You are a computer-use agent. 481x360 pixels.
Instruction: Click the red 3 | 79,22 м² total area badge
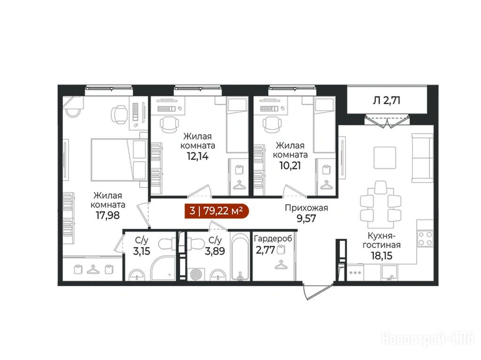coord(216,211)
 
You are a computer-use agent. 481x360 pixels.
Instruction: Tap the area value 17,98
coord(108,215)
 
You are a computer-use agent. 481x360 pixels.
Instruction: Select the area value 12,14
coord(198,156)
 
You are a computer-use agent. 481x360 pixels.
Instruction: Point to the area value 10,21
coord(290,166)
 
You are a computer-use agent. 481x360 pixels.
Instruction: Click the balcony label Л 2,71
coord(387,100)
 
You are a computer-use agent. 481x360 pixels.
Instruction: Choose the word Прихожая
coord(306,208)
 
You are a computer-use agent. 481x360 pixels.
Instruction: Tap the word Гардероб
coord(273,238)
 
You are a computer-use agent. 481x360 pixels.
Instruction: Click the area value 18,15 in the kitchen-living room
coord(381,255)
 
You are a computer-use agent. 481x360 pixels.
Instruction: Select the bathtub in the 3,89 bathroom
coord(240,257)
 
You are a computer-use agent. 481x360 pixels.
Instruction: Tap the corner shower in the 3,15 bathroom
coord(163,269)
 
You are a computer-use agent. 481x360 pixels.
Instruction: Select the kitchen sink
coord(389,273)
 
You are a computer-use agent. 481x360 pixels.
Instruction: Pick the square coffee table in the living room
coord(385,157)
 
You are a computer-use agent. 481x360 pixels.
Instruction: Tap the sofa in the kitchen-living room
coord(422,157)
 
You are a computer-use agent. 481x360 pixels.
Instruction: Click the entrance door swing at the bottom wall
coord(318,291)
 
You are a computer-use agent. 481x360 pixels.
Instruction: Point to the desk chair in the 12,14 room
coord(169,124)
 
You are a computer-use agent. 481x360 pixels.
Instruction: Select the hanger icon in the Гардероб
coord(281,264)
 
